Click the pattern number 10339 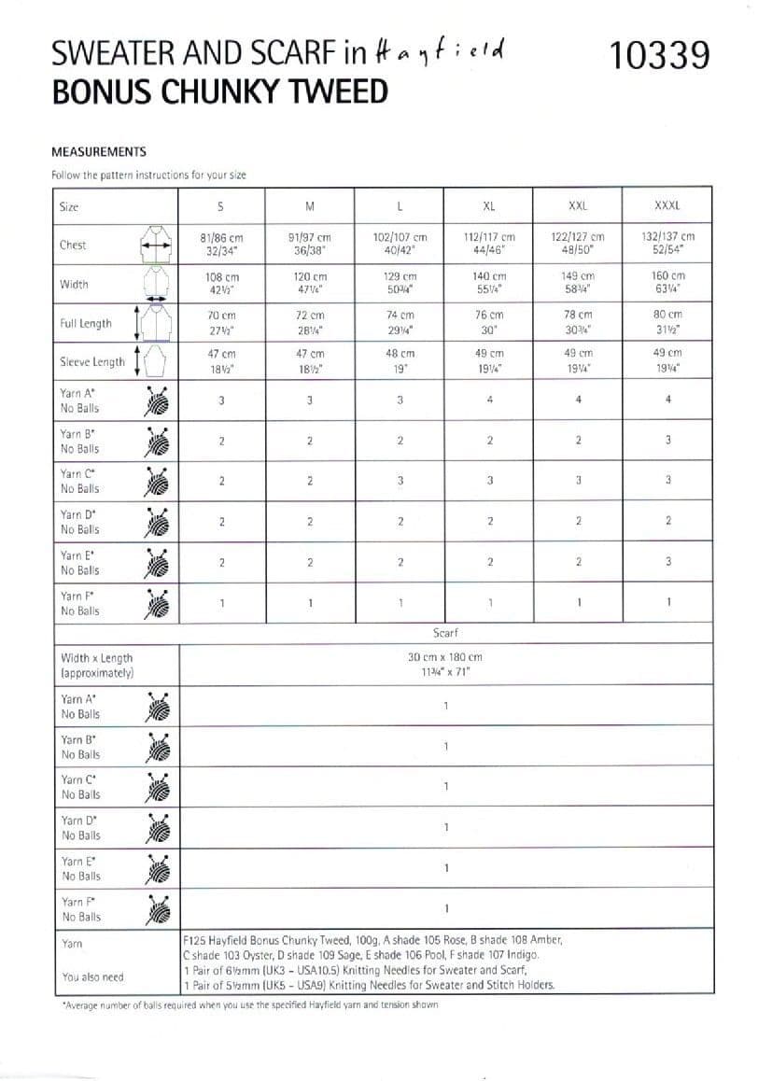[x=660, y=55]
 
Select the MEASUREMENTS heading [x=99, y=151]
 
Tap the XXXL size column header [x=667, y=206]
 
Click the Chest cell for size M [x=310, y=245]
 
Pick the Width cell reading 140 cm [x=489, y=284]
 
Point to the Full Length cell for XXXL [x=667, y=323]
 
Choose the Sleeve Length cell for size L [x=399, y=361]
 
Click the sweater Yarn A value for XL [x=489, y=400]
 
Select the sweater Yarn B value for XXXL [x=668, y=441]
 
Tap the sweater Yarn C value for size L [x=399, y=481]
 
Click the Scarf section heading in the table [x=445, y=633]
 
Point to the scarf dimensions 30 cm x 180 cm [x=445, y=664]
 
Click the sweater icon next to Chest [x=156, y=244]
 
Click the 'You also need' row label [x=92, y=977]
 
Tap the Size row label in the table [x=69, y=206]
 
